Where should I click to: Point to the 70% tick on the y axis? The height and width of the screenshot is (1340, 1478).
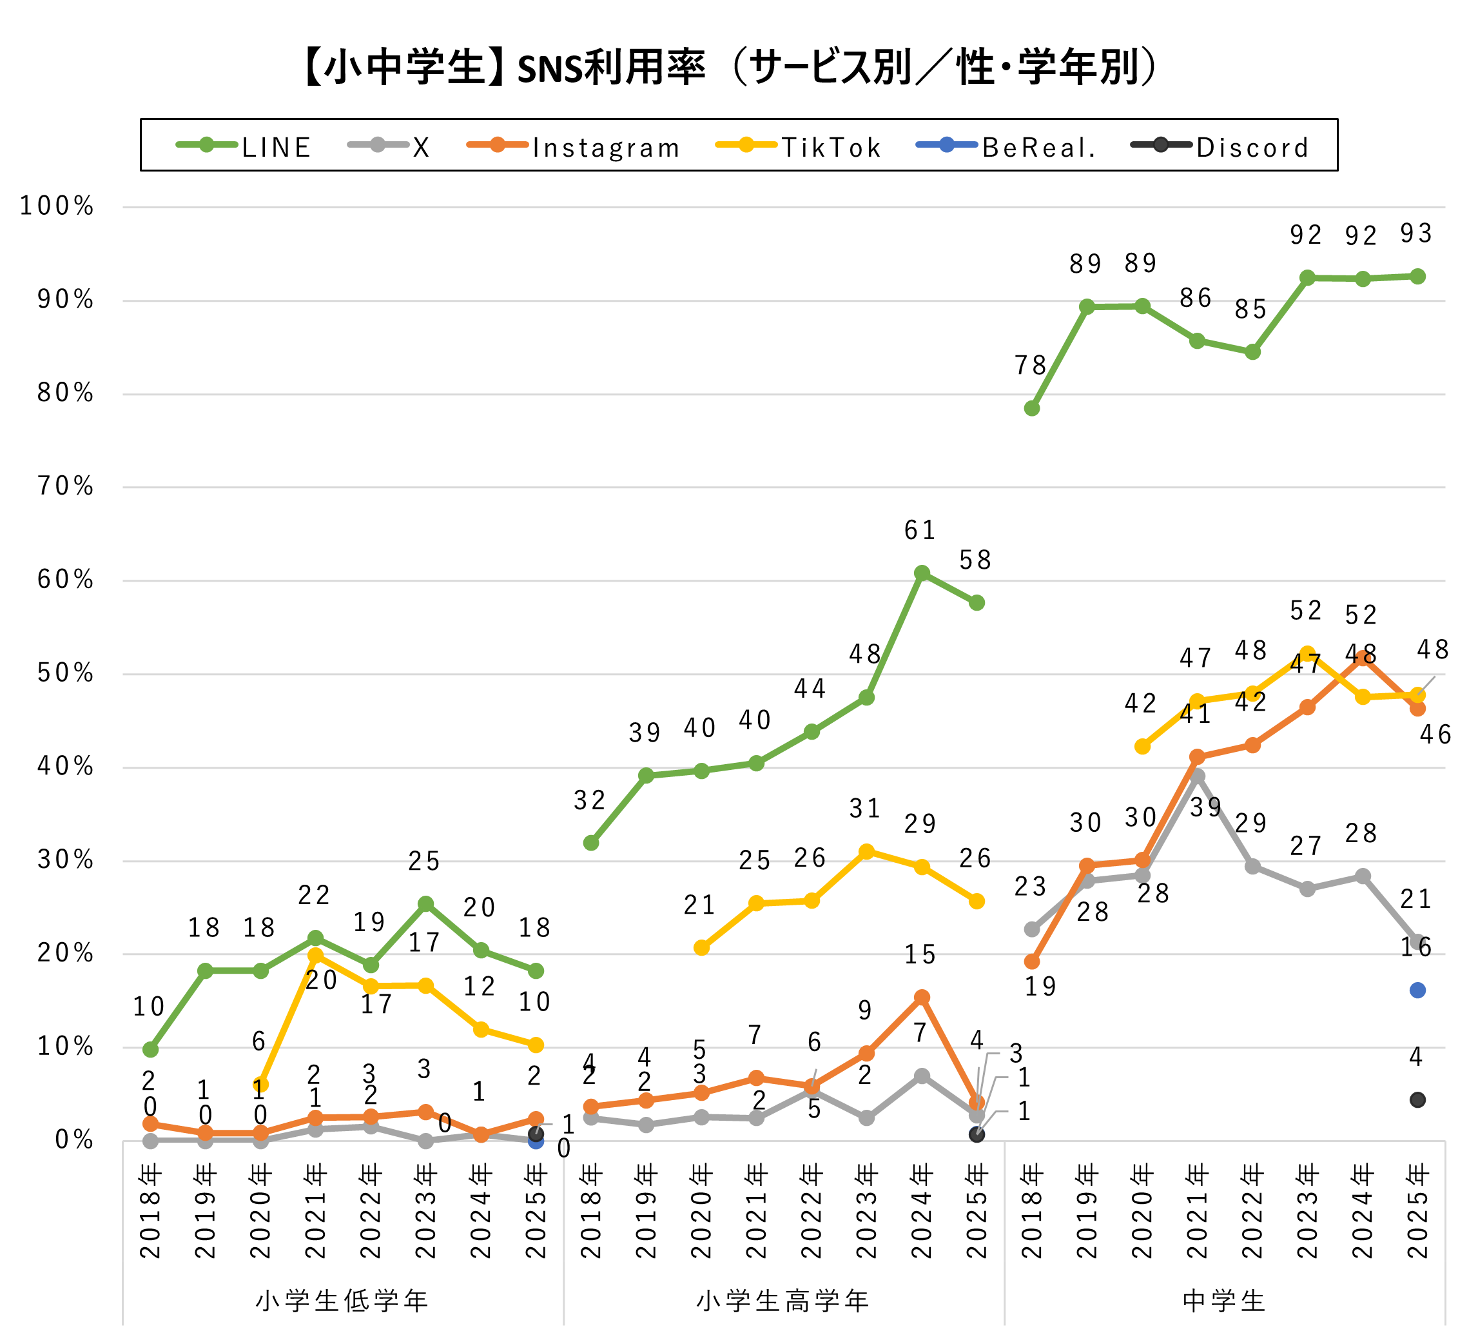[65, 486]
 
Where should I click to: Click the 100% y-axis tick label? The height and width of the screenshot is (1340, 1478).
[57, 206]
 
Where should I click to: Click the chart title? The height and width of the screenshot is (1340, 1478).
[730, 67]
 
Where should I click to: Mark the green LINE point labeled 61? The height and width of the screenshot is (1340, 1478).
[922, 573]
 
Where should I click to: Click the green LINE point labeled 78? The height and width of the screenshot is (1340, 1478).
[1031, 408]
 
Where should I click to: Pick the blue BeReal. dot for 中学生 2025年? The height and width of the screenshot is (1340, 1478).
[1417, 990]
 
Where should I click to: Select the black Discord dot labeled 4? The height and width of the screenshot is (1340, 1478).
[1417, 1099]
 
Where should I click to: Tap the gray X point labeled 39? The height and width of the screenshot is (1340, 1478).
[1197, 776]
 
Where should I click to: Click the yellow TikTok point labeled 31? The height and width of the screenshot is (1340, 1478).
[866, 851]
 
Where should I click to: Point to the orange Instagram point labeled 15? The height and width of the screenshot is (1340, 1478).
[922, 998]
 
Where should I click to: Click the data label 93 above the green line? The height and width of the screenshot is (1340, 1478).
[1415, 233]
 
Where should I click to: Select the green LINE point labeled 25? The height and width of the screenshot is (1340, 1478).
[425, 903]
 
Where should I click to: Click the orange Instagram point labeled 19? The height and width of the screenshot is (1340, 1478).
[1031, 961]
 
